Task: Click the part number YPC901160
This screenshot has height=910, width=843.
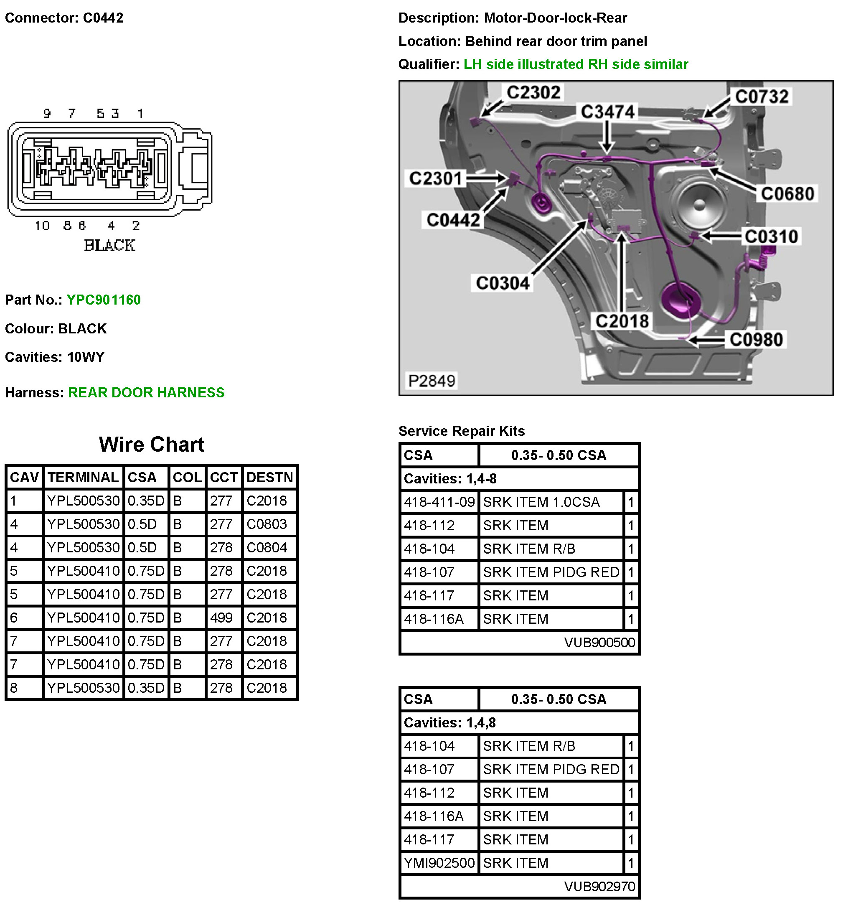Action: [x=104, y=300]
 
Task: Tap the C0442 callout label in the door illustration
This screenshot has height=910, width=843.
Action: [x=453, y=220]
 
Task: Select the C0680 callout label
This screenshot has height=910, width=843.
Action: [x=787, y=194]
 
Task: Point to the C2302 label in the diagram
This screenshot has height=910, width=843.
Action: [x=533, y=93]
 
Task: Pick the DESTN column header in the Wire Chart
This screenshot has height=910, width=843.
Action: [x=269, y=478]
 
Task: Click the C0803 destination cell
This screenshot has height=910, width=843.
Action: [x=267, y=524]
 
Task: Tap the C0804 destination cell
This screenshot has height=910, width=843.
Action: [x=267, y=547]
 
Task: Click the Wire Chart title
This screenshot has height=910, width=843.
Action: [x=152, y=445]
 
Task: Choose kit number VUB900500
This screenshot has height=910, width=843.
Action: [x=599, y=643]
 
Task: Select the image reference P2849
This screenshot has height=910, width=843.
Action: [x=432, y=381]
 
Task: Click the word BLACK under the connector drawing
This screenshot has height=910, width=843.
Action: [x=109, y=246]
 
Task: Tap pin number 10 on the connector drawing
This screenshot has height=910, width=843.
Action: [x=42, y=226]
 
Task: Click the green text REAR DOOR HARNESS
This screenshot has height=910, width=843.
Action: [x=146, y=393]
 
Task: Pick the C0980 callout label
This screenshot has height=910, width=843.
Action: [x=756, y=340]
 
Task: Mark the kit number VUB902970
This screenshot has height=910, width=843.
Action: [x=599, y=886]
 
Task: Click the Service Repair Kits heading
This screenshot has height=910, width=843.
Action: [x=461, y=431]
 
